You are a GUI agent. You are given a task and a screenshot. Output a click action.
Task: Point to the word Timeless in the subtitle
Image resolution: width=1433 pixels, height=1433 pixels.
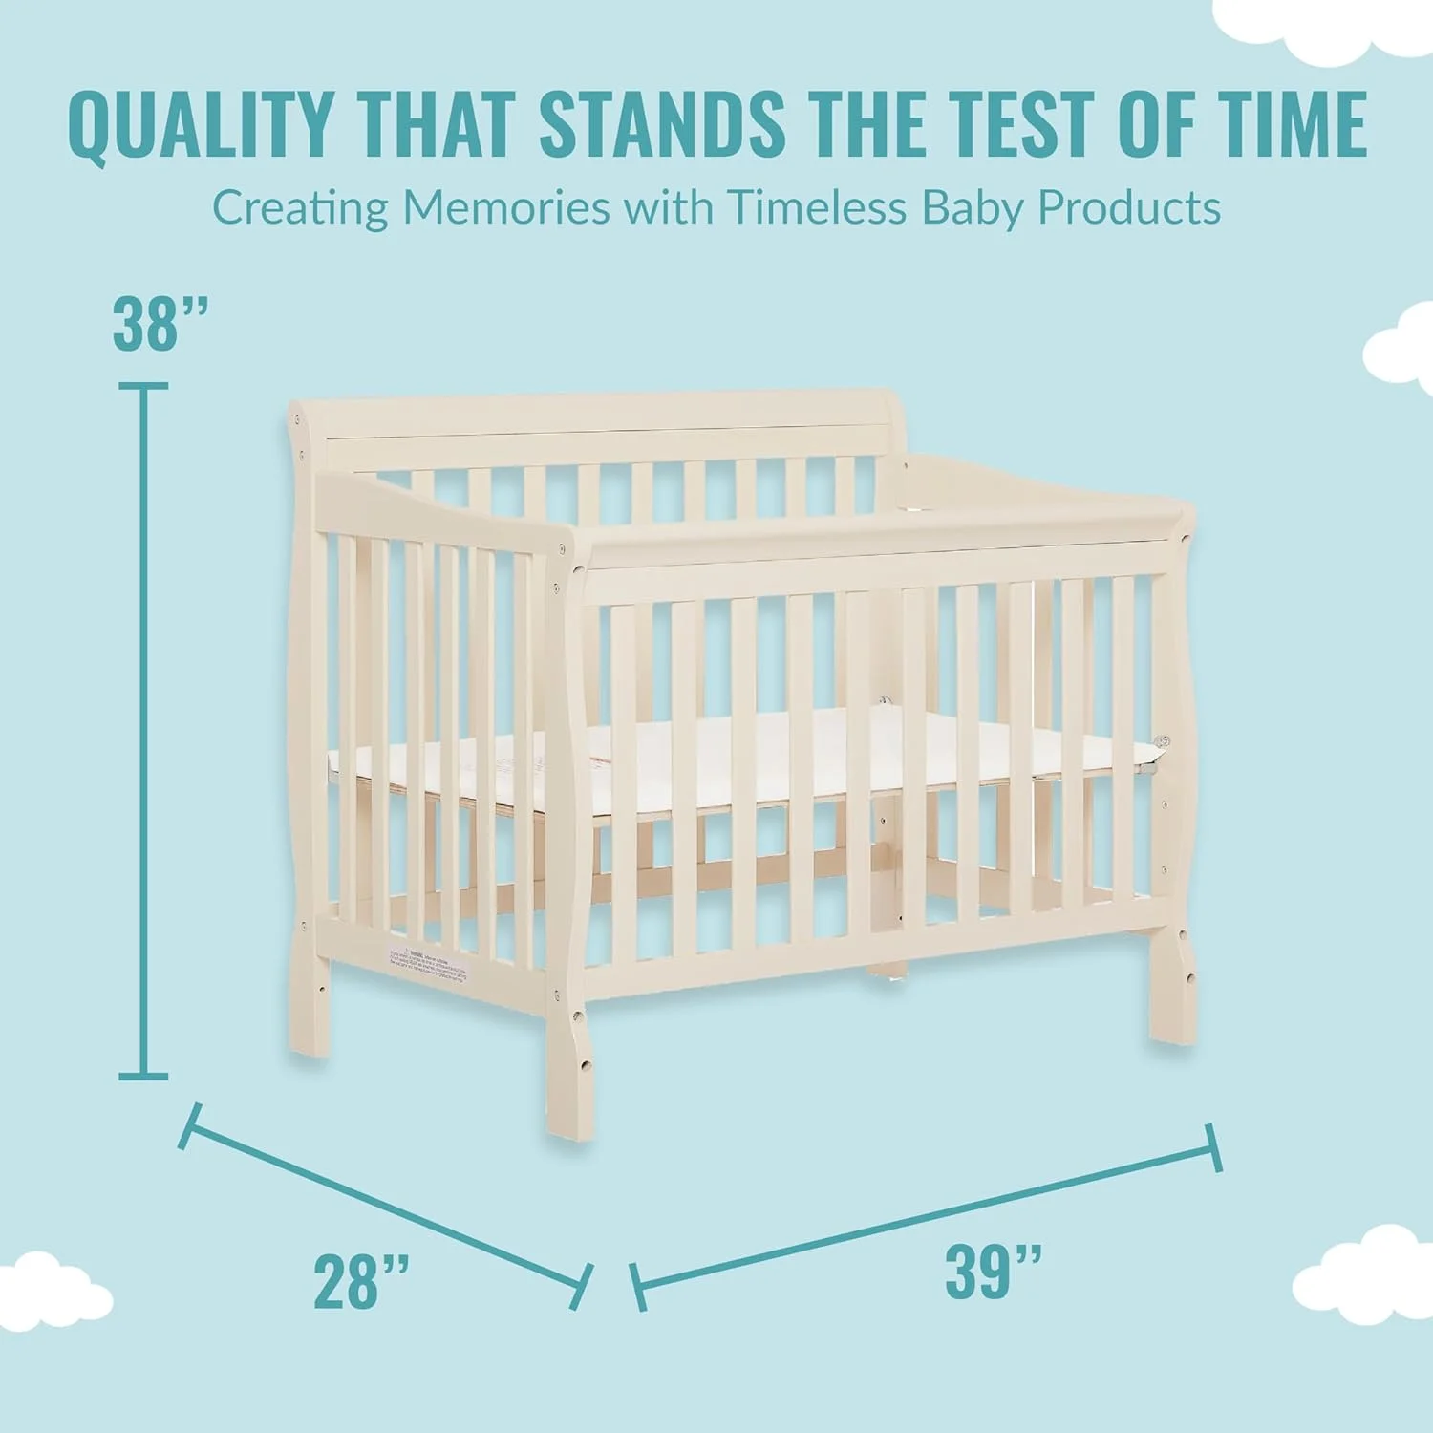pyautogui.click(x=816, y=207)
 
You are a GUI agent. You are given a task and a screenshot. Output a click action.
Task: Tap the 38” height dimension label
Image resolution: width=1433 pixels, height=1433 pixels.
pyautogui.click(x=160, y=324)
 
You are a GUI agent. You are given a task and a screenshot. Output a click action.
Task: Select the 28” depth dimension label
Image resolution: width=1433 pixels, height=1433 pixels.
pyautogui.click(x=361, y=1282)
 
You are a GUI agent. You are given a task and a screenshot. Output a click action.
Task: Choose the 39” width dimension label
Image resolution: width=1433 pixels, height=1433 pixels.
pyautogui.click(x=993, y=1272)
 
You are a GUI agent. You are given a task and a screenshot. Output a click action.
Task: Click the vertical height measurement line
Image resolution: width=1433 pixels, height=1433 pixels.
pyautogui.click(x=143, y=731)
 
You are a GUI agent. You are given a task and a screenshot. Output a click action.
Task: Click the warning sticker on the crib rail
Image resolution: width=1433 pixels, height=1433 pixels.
pyautogui.click(x=429, y=966)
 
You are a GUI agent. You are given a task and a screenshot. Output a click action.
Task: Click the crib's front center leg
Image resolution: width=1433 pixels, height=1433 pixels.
pyautogui.click(x=569, y=1070)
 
